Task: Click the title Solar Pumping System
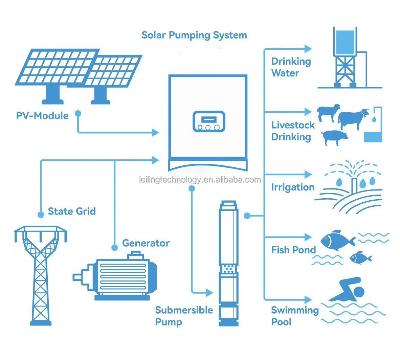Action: [x=194, y=35]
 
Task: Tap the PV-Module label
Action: [x=42, y=116]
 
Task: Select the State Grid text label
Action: [x=72, y=211]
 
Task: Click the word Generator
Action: [x=146, y=243]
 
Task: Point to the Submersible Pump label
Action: [x=183, y=316]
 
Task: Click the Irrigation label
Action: [x=293, y=187]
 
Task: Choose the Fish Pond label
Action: [x=293, y=250]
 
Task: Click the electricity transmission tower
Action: [x=41, y=274]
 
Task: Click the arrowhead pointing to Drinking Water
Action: [x=308, y=49]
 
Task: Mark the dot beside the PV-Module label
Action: [x=78, y=113]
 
